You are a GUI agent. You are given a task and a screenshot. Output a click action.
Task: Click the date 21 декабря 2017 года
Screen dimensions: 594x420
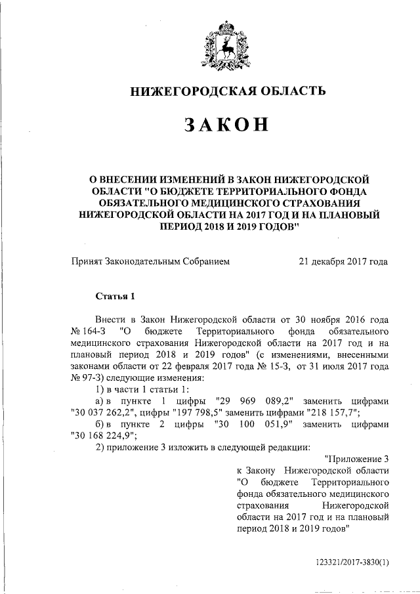pos(343,262)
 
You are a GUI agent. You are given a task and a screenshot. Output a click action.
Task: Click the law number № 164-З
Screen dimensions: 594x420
pos(89,330)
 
